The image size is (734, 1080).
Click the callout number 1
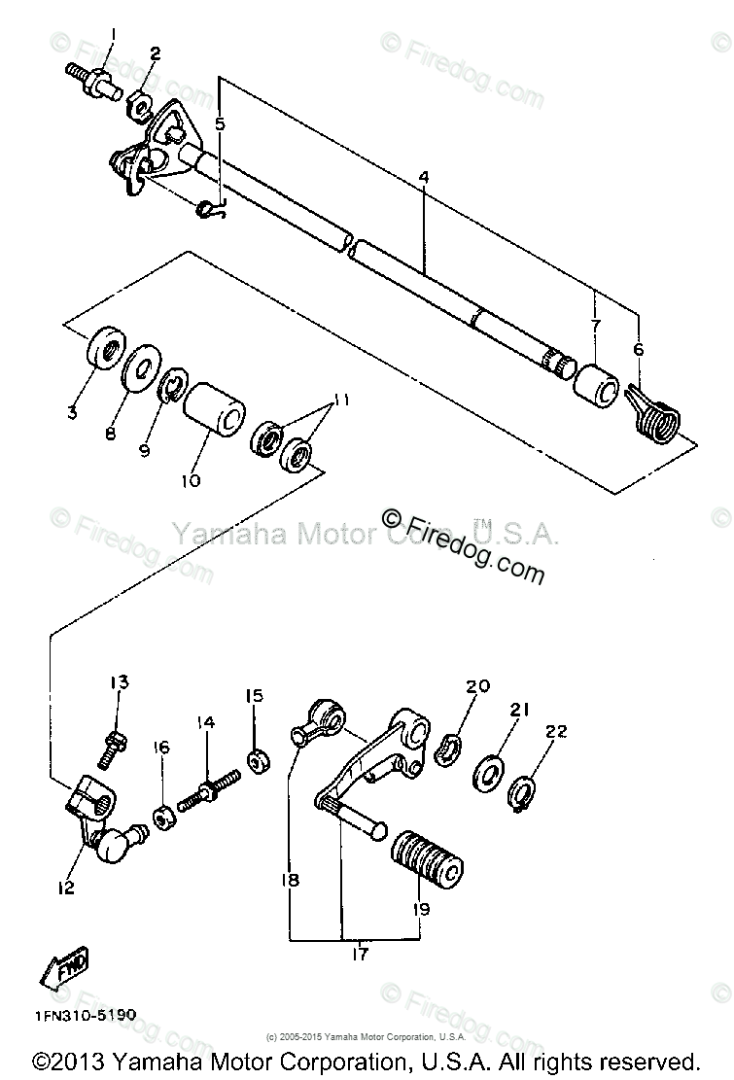pyautogui.click(x=112, y=36)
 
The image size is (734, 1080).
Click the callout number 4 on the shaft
pyautogui.click(x=424, y=178)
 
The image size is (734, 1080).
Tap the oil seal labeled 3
pyautogui.click(x=103, y=354)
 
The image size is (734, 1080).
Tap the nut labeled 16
pyautogui.click(x=164, y=811)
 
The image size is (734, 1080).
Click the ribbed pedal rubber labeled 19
pyautogui.click(x=426, y=856)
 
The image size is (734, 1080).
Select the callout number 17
pyautogui.click(x=361, y=955)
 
